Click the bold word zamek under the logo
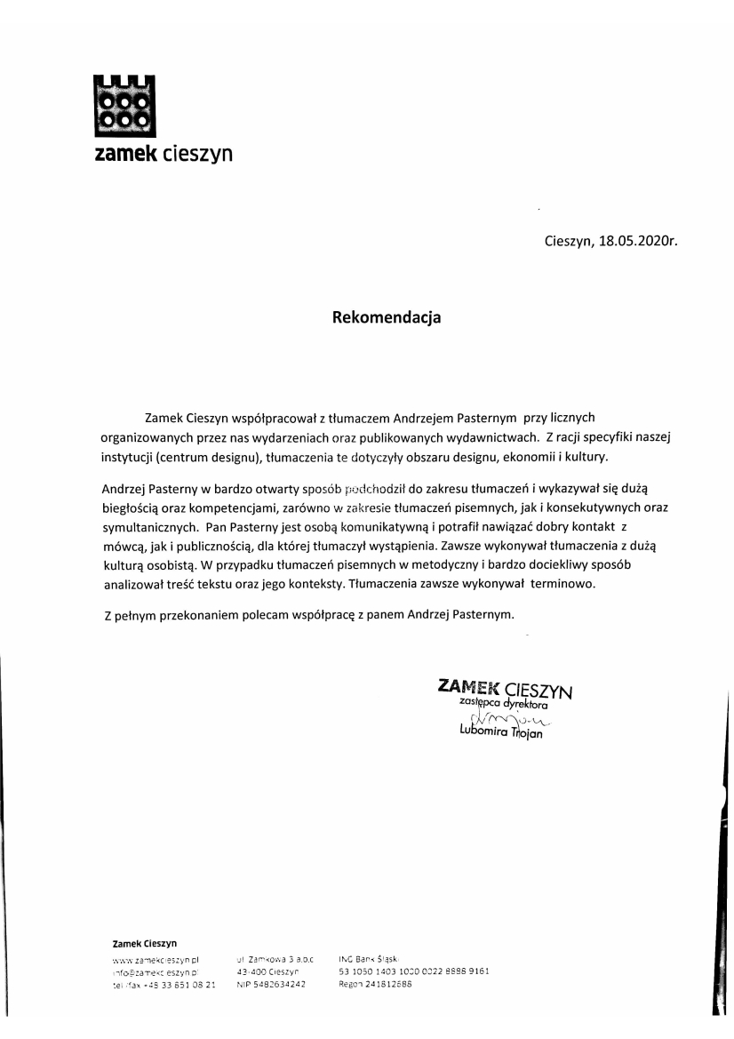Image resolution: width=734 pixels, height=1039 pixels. pyautogui.click(x=125, y=154)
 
